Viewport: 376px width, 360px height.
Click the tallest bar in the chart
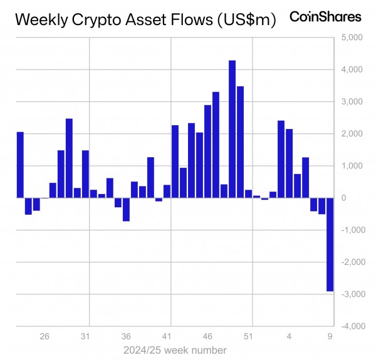[x=232, y=129]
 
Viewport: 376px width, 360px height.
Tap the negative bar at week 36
[x=126, y=209]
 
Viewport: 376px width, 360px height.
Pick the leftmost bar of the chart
[x=20, y=165]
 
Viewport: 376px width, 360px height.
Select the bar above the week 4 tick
[x=289, y=163]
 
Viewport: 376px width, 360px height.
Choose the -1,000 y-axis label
[x=351, y=230]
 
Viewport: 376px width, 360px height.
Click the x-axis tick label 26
[x=44, y=336]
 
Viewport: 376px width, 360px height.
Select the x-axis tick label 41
[x=167, y=336]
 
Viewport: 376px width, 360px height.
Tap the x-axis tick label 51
[x=248, y=336]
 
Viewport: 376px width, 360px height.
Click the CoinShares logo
[x=325, y=17]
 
